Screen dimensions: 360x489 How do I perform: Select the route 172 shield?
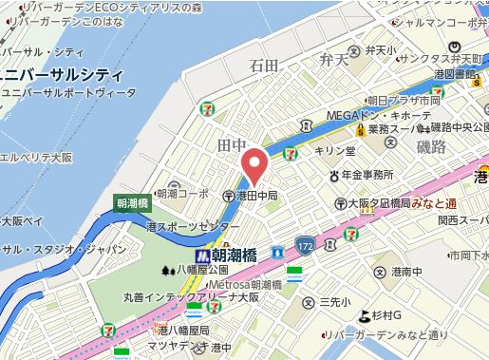point(304,245)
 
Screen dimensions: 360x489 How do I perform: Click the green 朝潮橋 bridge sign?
point(131,203)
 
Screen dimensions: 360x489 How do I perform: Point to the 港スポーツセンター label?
point(193,228)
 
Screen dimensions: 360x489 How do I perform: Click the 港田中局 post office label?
point(256,196)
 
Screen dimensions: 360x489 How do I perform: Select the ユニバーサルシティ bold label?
point(61,74)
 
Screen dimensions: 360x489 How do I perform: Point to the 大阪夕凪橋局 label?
point(379,202)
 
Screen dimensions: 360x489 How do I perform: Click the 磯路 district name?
point(430,146)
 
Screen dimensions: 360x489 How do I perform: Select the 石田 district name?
point(264,66)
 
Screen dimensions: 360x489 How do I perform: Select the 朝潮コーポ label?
point(182,193)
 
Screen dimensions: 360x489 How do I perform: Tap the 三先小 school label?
point(335,301)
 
